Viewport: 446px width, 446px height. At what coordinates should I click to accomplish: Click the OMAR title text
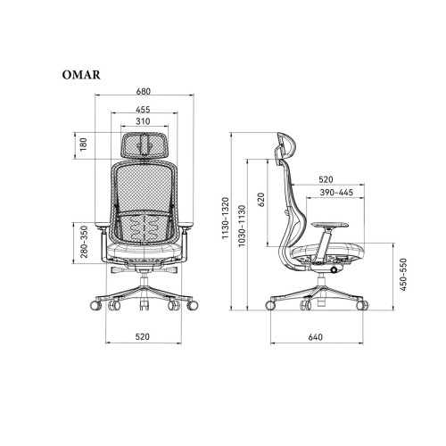click(81, 75)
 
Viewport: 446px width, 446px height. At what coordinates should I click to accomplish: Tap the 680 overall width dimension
click(144, 91)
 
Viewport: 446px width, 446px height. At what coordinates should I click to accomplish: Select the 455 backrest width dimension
click(143, 110)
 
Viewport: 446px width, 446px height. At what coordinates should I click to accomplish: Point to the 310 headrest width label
click(143, 121)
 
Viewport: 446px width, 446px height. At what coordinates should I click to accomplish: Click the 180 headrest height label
click(84, 145)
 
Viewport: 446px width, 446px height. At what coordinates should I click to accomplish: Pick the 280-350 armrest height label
click(84, 242)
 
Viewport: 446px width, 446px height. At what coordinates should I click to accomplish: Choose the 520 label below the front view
click(143, 337)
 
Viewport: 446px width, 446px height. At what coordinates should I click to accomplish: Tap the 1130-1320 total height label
click(226, 218)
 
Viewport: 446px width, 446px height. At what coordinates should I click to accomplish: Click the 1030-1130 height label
click(242, 226)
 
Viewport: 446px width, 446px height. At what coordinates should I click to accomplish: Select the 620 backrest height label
click(261, 200)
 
